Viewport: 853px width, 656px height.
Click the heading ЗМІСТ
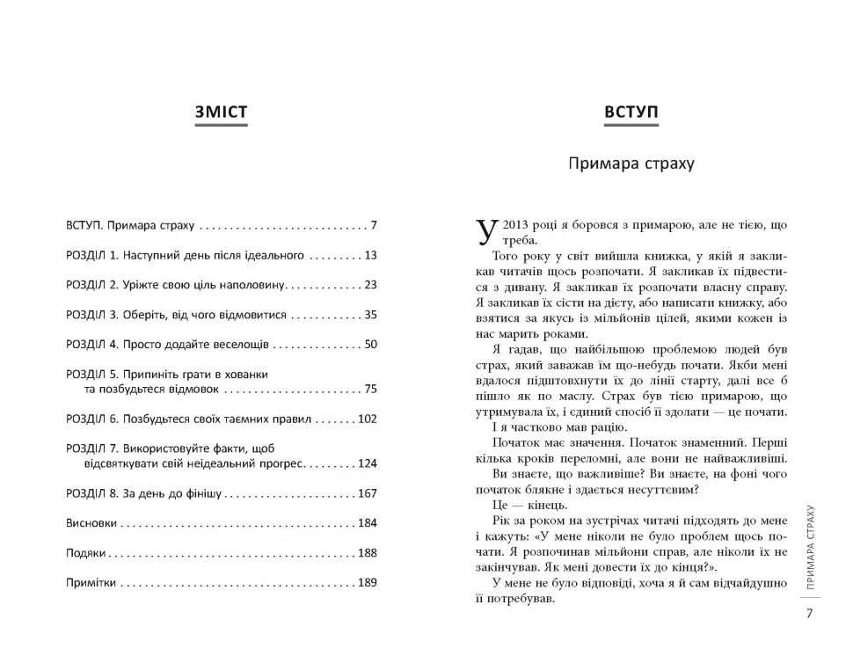[221, 113]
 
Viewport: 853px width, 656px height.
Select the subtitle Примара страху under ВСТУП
[631, 164]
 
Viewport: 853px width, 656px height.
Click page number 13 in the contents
[370, 255]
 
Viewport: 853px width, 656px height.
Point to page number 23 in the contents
[370, 285]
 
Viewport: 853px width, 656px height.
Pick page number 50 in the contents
[370, 344]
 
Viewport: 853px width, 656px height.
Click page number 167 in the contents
[367, 493]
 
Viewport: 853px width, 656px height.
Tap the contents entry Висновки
[91, 523]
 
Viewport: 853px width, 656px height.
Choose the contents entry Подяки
[85, 553]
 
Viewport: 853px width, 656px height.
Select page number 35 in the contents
[370, 314]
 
